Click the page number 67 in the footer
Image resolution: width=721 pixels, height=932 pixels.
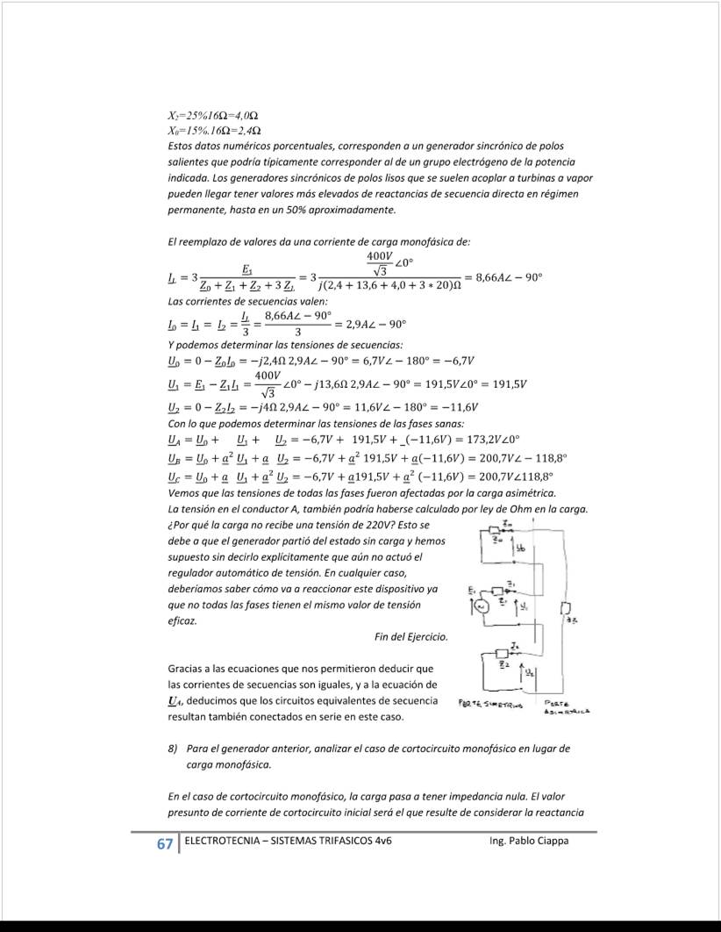coord(164,844)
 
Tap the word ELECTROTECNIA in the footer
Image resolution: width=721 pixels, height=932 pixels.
coord(225,841)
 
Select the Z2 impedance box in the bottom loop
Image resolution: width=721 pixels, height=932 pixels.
coord(502,653)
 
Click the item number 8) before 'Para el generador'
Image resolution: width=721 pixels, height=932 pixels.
coord(173,749)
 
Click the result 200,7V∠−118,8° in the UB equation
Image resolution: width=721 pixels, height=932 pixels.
coord(525,457)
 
